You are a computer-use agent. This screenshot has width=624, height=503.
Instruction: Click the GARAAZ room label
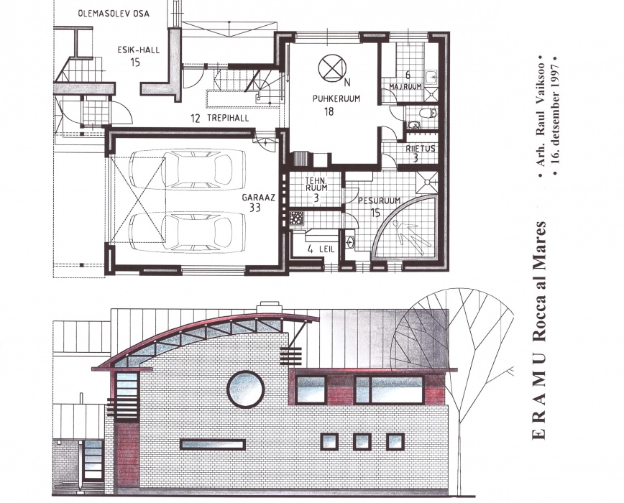click(259, 198)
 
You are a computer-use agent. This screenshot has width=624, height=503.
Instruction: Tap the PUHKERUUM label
click(336, 98)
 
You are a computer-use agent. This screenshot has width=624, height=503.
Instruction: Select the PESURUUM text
click(380, 200)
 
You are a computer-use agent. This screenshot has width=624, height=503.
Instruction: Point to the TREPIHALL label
click(228, 118)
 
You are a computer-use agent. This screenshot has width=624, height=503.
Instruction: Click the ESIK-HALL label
click(139, 50)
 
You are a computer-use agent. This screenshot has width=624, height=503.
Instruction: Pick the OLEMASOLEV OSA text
click(114, 14)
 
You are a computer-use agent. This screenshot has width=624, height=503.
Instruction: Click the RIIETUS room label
click(421, 149)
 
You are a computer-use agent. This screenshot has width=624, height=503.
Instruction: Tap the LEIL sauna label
click(326, 250)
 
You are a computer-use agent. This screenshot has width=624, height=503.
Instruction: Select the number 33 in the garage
click(254, 208)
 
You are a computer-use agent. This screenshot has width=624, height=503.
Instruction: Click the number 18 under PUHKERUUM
click(329, 111)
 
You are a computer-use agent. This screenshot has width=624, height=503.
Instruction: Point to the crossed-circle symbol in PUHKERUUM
click(332, 68)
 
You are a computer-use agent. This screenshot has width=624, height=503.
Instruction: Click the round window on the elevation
click(246, 389)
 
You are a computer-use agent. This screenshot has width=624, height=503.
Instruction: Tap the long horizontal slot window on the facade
click(213, 445)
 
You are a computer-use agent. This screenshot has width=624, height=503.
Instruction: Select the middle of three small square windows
click(362, 442)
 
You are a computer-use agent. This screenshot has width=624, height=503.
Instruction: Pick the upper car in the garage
click(187, 169)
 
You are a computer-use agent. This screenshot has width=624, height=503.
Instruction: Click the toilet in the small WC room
click(428, 114)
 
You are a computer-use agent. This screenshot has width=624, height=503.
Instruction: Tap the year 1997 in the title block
click(556, 74)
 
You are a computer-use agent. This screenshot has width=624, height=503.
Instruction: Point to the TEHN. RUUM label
click(316, 184)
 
